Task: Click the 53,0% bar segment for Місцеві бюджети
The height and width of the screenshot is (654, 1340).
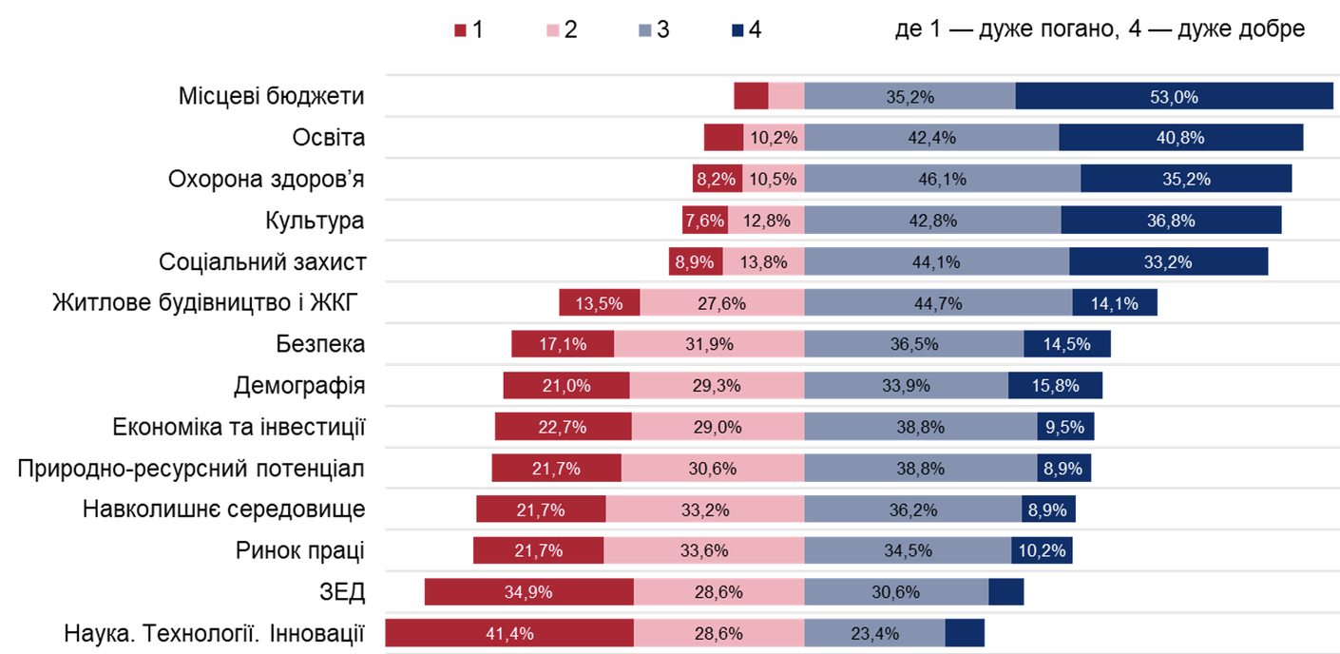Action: (x=1174, y=96)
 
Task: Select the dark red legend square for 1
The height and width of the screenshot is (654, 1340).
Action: (x=461, y=30)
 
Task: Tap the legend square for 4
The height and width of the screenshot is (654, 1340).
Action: (x=737, y=30)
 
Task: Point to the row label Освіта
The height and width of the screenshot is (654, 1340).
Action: (x=329, y=138)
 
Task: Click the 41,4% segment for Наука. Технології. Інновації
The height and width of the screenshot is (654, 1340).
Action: (x=509, y=633)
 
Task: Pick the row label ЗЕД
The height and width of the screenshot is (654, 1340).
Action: (x=343, y=592)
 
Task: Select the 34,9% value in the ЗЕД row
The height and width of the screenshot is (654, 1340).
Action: (x=528, y=592)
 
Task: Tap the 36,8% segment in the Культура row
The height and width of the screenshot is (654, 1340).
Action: (x=1171, y=221)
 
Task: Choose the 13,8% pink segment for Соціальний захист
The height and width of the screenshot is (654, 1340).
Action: (x=763, y=261)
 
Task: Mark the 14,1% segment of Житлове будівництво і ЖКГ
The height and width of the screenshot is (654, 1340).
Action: (x=1114, y=303)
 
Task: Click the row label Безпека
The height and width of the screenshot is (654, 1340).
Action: (x=321, y=344)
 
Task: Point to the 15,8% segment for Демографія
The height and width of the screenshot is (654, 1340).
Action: (x=1055, y=386)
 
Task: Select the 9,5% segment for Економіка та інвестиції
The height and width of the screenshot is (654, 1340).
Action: (x=1065, y=427)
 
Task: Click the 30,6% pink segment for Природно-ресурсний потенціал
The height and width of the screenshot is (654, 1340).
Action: (x=713, y=468)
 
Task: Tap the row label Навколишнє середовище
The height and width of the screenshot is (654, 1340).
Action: (x=224, y=509)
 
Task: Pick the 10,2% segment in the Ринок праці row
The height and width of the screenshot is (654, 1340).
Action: (x=1042, y=550)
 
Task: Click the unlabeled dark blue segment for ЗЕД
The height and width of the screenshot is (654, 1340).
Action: (x=1005, y=592)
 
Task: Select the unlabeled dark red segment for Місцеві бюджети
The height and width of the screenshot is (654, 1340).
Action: (x=751, y=96)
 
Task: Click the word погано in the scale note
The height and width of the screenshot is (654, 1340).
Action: (x=1070, y=29)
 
